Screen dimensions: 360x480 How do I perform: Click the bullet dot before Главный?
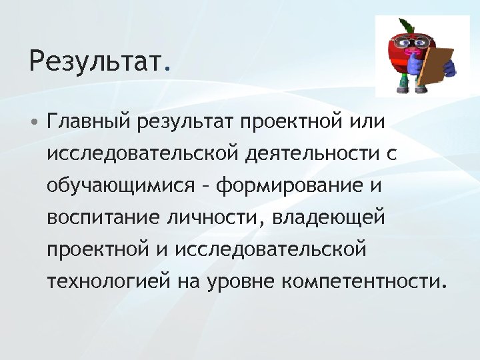click(35, 123)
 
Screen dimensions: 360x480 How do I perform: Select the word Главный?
click(89, 123)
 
